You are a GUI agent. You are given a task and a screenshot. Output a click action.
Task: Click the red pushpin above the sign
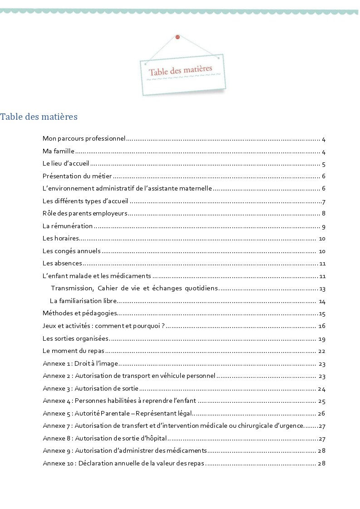(177, 37)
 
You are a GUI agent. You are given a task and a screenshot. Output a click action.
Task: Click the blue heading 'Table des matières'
(39, 117)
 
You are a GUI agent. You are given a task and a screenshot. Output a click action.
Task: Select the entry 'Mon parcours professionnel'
(84, 139)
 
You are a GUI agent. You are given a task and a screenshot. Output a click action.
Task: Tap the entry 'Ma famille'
(59, 152)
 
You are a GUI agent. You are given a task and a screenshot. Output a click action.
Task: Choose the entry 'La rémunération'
(68, 226)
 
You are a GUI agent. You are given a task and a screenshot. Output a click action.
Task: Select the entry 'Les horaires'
(61, 239)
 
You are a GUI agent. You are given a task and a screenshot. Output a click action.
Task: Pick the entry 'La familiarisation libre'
(84, 301)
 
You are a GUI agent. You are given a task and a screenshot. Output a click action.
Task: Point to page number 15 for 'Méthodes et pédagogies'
(322, 313)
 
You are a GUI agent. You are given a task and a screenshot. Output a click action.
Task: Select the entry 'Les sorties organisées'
(75, 338)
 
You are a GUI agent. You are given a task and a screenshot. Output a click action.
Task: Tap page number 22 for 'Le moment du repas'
(322, 351)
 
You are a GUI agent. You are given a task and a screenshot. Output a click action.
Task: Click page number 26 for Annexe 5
(322, 413)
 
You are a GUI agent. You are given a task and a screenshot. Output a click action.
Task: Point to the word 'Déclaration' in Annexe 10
(94, 463)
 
